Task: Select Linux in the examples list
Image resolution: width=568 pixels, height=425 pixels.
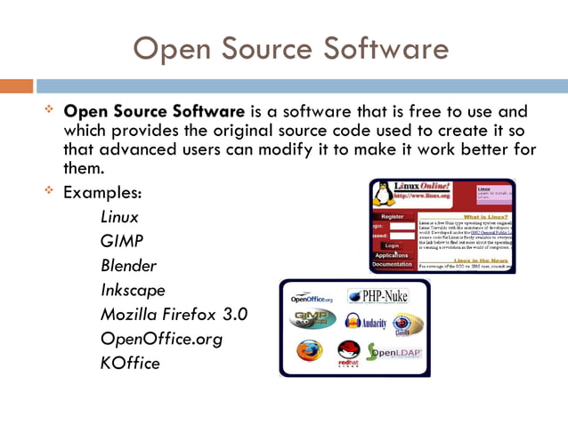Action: (x=119, y=217)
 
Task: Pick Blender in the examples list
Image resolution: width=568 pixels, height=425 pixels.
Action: (x=128, y=266)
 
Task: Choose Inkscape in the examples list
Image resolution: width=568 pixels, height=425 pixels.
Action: (x=133, y=290)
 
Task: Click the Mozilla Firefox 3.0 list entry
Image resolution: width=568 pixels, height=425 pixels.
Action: (x=174, y=314)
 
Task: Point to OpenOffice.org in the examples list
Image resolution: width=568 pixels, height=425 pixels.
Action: (x=160, y=339)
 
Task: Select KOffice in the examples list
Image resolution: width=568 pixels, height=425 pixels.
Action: (x=130, y=363)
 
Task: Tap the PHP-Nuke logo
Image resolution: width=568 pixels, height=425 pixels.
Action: (x=377, y=296)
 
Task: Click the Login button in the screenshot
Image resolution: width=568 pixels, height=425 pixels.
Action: (x=391, y=245)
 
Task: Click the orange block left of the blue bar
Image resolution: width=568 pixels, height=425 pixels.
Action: (x=16, y=86)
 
